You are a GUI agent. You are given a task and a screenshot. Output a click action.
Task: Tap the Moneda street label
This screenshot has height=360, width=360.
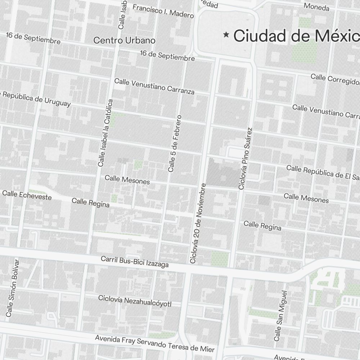[x=316, y=6]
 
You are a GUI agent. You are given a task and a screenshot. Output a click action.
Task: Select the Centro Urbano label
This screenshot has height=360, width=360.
[x=124, y=40]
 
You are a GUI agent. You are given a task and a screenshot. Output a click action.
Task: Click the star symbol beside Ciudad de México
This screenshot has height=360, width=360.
[x=226, y=35]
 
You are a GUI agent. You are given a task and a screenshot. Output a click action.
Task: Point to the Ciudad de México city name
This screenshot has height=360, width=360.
[x=296, y=36]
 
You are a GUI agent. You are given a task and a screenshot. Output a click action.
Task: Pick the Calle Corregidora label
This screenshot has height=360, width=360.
[x=335, y=79]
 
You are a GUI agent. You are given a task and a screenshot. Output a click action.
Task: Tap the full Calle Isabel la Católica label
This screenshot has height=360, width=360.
[x=105, y=133]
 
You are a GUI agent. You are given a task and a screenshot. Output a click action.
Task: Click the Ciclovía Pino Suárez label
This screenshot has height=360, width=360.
[x=245, y=158]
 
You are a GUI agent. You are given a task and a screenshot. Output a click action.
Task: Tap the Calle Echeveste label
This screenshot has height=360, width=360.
[x=27, y=195]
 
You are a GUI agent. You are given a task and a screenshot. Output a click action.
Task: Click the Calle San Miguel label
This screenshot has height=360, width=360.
[x=280, y=316]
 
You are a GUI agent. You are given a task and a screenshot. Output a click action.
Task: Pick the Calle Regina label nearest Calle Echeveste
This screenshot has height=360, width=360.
[x=90, y=202]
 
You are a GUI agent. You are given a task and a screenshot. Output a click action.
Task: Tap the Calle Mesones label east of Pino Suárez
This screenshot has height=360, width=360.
[x=306, y=198]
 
